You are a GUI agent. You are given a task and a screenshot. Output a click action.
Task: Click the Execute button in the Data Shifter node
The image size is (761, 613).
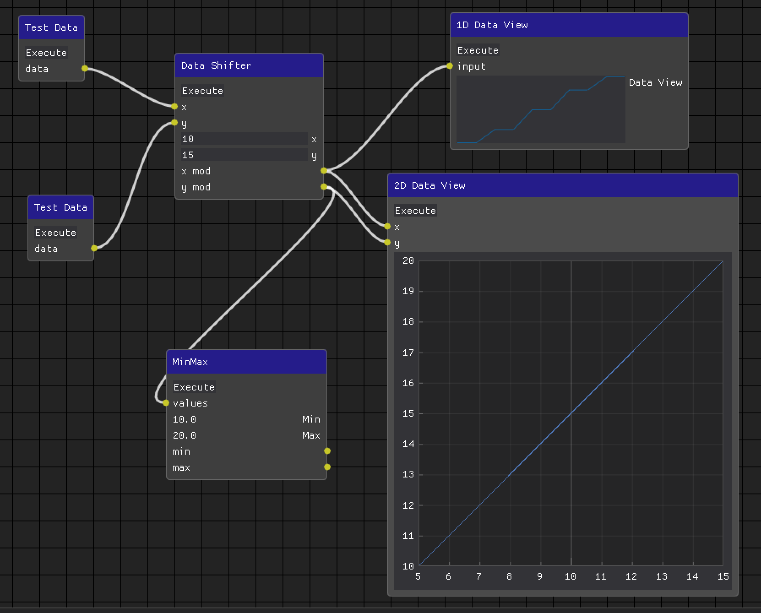click(202, 91)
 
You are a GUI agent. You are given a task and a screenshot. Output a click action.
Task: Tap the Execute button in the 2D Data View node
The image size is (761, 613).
click(415, 211)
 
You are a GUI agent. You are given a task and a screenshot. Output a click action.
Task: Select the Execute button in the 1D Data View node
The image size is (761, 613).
click(478, 50)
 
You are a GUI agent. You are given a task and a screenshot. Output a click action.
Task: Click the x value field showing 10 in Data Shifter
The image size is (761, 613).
click(244, 139)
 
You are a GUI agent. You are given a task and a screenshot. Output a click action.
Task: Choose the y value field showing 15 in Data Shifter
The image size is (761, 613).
click(244, 155)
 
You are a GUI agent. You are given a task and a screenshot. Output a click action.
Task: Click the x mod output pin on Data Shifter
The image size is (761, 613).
click(324, 171)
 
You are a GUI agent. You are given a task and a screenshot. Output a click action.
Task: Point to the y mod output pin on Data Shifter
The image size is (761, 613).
click(324, 187)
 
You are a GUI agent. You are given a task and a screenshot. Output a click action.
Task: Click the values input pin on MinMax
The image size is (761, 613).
click(166, 403)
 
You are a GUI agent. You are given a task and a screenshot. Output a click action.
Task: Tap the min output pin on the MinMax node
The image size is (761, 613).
click(327, 451)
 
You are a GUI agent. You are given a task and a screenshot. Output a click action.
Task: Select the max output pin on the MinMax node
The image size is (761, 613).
click(327, 467)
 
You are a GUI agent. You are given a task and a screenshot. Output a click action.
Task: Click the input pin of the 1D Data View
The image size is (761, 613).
click(450, 66)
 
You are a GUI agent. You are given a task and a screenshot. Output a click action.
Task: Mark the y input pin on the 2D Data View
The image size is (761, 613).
click(387, 242)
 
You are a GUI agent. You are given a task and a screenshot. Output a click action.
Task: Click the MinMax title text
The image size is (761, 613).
click(190, 362)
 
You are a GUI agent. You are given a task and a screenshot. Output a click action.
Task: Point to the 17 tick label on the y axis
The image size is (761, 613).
click(408, 353)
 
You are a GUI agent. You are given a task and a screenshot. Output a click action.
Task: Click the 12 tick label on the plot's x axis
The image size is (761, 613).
click(631, 576)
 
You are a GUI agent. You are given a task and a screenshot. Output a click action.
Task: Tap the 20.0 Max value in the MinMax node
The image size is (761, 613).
click(185, 435)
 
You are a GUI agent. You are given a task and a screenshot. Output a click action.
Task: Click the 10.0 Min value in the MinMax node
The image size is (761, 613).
click(185, 419)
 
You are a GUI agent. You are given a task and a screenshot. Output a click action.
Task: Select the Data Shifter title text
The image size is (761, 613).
click(216, 65)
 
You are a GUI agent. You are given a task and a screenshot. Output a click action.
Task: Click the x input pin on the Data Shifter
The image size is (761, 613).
click(175, 106)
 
